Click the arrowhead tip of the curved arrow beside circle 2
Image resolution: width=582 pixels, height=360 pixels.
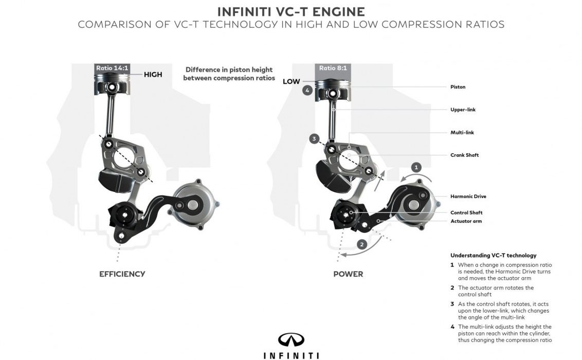[341, 255]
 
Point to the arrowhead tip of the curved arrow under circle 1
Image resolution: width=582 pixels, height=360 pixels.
[401, 182]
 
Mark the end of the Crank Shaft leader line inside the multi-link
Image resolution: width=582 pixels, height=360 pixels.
[349, 155]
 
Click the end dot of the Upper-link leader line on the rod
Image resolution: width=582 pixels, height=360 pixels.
[333, 110]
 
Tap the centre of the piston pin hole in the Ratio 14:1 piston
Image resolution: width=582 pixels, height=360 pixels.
[112, 87]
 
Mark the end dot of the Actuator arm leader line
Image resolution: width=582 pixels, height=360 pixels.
[378, 221]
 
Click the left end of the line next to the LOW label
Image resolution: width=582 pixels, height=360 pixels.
[302, 81]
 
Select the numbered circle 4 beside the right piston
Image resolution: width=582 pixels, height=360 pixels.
[307, 90]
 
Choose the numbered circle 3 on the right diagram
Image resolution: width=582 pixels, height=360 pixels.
[314, 139]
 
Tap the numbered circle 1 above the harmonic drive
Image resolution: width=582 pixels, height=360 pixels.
[416, 167]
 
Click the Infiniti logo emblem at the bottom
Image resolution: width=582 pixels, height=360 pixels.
[291, 339]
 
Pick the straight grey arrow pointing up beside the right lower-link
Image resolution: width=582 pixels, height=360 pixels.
[378, 181]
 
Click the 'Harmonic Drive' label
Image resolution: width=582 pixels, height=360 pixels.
[468, 196]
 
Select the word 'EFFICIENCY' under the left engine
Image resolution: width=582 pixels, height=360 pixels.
[122, 274]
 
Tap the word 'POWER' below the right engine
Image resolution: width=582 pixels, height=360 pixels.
[348, 274]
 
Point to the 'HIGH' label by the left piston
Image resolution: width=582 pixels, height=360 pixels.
[153, 75]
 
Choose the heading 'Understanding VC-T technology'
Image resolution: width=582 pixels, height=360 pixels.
[493, 255]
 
